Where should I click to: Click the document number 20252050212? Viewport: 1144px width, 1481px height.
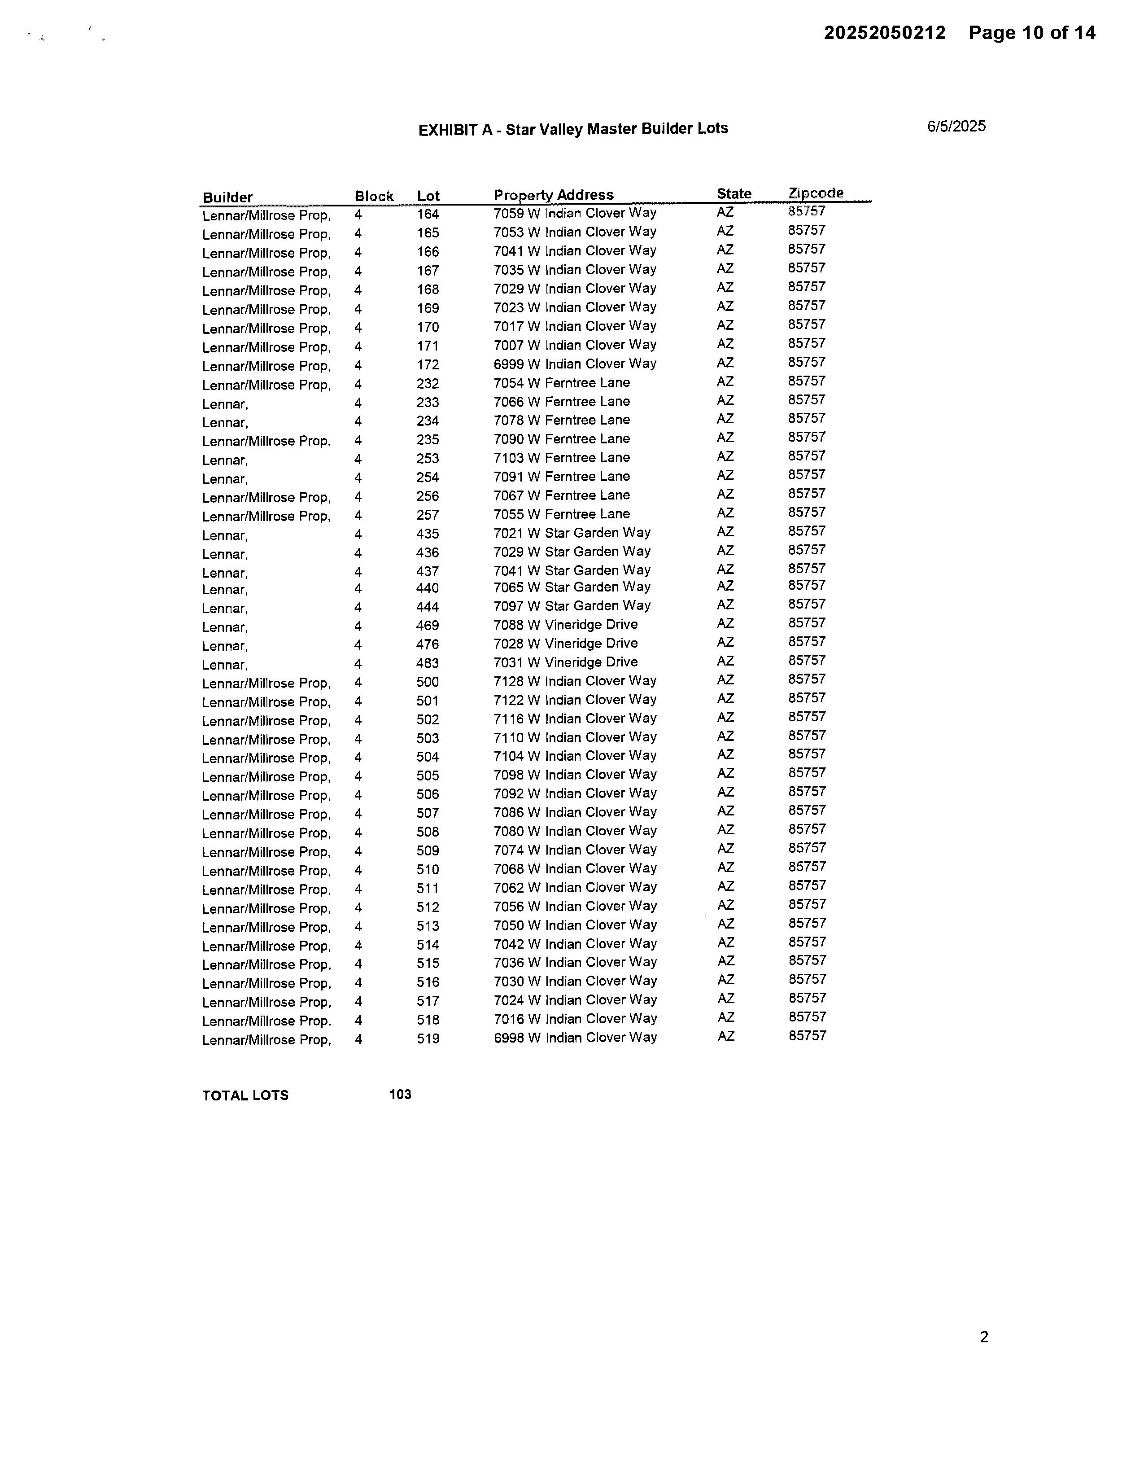(884, 33)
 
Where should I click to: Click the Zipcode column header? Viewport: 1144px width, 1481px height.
(815, 193)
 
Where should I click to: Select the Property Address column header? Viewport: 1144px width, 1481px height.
(554, 195)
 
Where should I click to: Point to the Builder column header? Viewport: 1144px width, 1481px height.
(227, 197)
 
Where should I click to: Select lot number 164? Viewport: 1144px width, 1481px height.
(428, 214)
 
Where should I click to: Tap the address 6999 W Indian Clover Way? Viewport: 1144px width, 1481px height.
(575, 364)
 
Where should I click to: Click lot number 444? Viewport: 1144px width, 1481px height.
(427, 607)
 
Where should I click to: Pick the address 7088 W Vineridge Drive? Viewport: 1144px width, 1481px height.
(565, 625)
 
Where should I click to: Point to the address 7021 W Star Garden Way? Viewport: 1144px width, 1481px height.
(572, 533)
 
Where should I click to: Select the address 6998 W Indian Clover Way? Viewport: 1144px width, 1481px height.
(575, 1038)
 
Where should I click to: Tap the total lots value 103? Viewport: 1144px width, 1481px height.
(400, 1095)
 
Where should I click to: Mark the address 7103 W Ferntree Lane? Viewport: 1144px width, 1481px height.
(561, 458)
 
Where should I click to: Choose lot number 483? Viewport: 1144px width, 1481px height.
(427, 663)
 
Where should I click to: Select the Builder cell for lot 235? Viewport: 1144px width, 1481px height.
(266, 442)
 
